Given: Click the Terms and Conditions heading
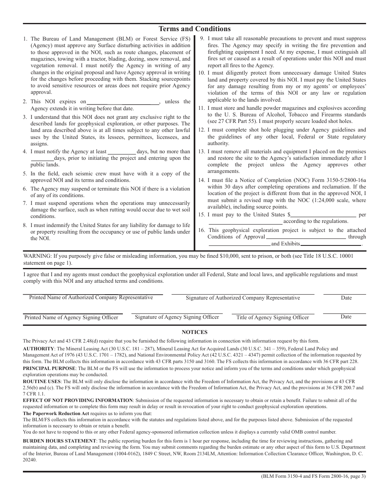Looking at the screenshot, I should pos(194,29).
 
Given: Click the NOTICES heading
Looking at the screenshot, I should pos(194,332).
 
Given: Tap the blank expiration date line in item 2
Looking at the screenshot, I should pos(123,102).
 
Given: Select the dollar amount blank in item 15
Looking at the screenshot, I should pos(323,215).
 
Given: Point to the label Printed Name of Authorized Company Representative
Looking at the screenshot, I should pos(91,297).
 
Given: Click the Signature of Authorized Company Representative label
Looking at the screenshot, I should pos(243,298).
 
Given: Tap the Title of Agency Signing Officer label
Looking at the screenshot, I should pos(273,318).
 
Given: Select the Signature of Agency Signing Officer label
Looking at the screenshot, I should pos(177,317).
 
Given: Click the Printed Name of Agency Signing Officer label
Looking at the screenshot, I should pos(71,318).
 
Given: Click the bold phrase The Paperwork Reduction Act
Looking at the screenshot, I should pos(56,414).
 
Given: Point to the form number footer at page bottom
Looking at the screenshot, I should pos(313,476).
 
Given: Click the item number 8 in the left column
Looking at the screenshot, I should pos(25,225).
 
